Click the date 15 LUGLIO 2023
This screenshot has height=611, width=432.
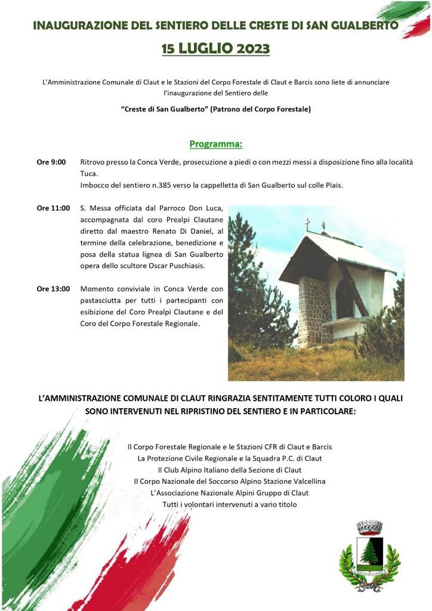[215, 48]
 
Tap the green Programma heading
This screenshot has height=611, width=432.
[215, 144]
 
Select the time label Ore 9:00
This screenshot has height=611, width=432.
[51, 162]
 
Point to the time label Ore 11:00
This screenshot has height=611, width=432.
[53, 208]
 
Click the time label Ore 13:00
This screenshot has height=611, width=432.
[53, 289]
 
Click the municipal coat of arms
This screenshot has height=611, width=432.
[369, 556]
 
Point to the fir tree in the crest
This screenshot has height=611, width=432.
[370, 552]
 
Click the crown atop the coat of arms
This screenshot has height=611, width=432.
[369, 527]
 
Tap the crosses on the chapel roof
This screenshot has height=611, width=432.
[315, 225]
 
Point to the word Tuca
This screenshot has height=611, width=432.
[88, 174]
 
